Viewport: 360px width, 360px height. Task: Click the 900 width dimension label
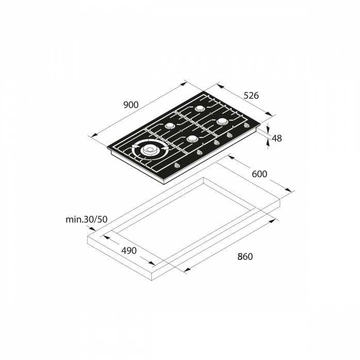tap(131, 105)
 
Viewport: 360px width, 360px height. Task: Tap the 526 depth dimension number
tap(251, 95)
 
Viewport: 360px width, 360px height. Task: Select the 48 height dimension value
tap(277, 138)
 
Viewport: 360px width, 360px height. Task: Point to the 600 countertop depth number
tap(259, 174)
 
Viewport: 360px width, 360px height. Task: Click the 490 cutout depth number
tap(129, 251)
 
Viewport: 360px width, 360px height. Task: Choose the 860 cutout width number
tap(245, 257)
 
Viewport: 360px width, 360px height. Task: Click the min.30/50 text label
tap(86, 220)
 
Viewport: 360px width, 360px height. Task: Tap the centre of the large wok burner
tap(150, 150)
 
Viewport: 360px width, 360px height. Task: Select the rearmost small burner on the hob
tap(199, 108)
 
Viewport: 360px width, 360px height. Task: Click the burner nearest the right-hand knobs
tap(222, 121)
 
